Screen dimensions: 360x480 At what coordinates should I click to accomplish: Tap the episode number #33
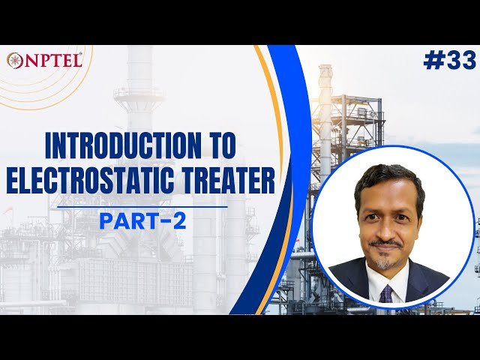(x=449, y=61)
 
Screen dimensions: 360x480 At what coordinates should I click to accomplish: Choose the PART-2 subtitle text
(x=142, y=221)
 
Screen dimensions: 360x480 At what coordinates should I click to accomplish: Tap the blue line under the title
(x=142, y=206)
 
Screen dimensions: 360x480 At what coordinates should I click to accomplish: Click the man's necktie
(x=385, y=292)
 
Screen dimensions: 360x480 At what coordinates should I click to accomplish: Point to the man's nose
(x=386, y=225)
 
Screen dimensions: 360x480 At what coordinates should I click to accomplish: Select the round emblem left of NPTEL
(x=14, y=61)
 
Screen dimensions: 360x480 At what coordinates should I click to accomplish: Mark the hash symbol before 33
(x=433, y=61)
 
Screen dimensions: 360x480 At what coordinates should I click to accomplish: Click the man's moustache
(x=386, y=243)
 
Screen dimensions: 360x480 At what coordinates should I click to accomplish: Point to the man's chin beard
(x=385, y=262)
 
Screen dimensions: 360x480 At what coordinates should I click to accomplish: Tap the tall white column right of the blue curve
(x=325, y=112)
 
